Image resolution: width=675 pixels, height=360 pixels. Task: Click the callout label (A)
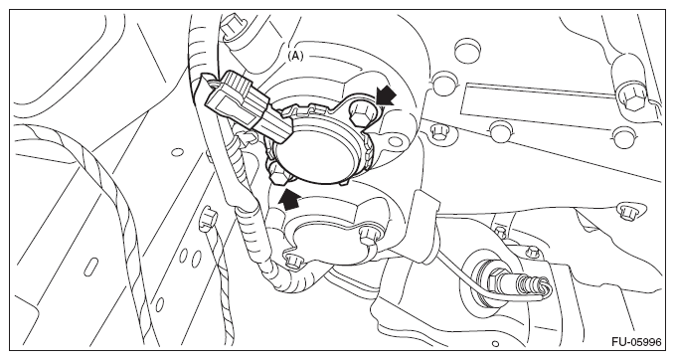(295, 56)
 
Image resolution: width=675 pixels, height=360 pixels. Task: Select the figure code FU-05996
(636, 342)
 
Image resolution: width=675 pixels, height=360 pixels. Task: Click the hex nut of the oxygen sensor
(498, 276)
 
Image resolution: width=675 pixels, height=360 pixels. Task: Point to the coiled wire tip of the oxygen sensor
(539, 286)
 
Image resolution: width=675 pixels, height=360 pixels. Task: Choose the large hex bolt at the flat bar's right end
(630, 98)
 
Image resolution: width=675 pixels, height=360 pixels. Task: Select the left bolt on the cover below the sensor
(294, 260)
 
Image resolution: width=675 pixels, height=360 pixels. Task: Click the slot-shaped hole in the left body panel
(92, 266)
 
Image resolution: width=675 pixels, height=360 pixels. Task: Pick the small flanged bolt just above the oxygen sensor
(533, 251)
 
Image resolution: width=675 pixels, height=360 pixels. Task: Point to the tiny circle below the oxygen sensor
(496, 344)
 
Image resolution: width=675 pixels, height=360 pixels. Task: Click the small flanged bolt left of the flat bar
(437, 131)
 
